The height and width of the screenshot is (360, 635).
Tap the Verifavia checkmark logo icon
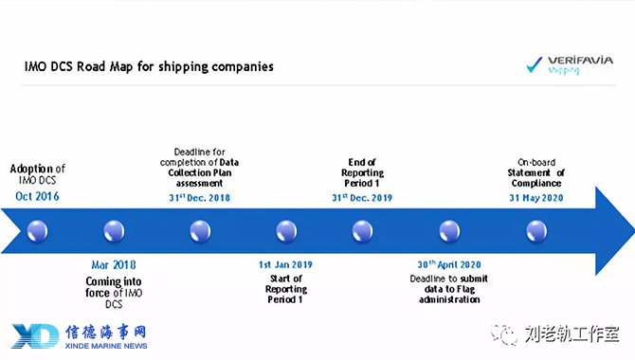click(x=535, y=64)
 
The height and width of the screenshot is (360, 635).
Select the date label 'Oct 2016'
click(x=37, y=196)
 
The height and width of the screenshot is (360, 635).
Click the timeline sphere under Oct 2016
click(x=37, y=231)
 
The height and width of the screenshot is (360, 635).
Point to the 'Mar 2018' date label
click(x=114, y=265)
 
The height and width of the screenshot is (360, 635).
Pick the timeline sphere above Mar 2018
click(x=114, y=231)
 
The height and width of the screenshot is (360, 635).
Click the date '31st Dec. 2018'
click(x=200, y=198)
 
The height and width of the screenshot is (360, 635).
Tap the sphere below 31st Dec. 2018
click(x=201, y=231)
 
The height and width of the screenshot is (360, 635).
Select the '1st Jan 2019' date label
click(x=285, y=265)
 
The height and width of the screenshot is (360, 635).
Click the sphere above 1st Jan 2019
click(x=286, y=231)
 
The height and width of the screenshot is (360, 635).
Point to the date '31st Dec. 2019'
click(x=362, y=198)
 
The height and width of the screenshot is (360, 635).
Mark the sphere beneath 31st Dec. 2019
click(x=362, y=231)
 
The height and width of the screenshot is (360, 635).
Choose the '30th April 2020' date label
click(x=449, y=264)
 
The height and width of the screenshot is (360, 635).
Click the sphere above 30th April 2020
click(x=449, y=231)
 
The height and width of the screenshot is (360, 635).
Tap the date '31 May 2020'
click(x=536, y=198)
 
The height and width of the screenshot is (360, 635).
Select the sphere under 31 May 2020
click(x=536, y=231)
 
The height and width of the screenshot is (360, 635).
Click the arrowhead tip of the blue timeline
click(x=634, y=231)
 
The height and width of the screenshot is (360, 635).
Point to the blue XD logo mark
click(x=35, y=335)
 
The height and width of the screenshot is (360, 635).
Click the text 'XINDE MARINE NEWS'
click(x=106, y=346)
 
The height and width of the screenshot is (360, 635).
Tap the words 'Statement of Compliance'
click(x=536, y=178)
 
